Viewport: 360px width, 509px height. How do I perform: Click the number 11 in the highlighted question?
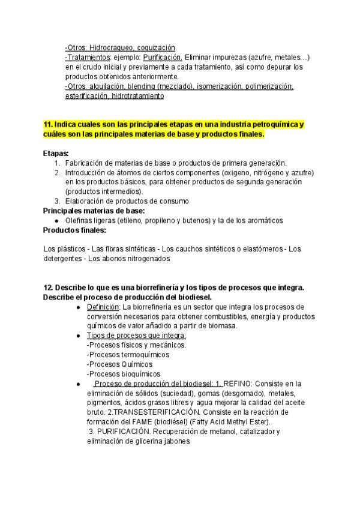pos(48,124)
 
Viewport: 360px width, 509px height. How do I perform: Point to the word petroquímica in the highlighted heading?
pos(274,124)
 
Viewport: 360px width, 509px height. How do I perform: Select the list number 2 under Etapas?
pos(57,172)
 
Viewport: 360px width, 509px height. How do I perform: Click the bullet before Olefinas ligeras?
pos(56,221)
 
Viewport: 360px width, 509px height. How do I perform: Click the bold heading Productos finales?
pos(75,230)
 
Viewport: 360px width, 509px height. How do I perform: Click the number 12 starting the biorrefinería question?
pos(47,288)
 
